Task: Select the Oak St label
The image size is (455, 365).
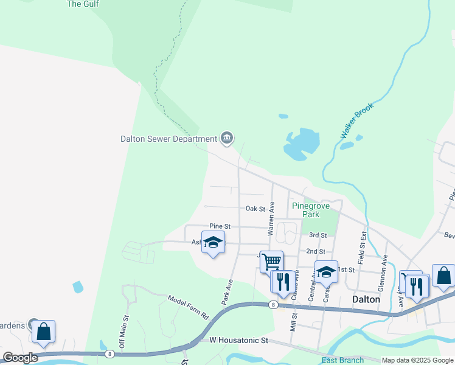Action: coord(255,209)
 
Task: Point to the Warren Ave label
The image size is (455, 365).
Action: coord(271,219)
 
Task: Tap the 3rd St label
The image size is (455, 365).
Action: coord(318,235)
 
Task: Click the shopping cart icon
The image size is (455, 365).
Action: coord(271,262)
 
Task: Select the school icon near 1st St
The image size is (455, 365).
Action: coord(326,271)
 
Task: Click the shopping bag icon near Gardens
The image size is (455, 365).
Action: coord(44,331)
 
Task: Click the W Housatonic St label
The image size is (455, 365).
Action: coord(238,341)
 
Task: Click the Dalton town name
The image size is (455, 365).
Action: coord(366,299)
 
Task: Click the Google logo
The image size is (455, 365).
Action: coord(20,358)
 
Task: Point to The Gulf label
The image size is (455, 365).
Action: coord(82,4)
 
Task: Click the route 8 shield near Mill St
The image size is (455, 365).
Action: coord(274,304)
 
